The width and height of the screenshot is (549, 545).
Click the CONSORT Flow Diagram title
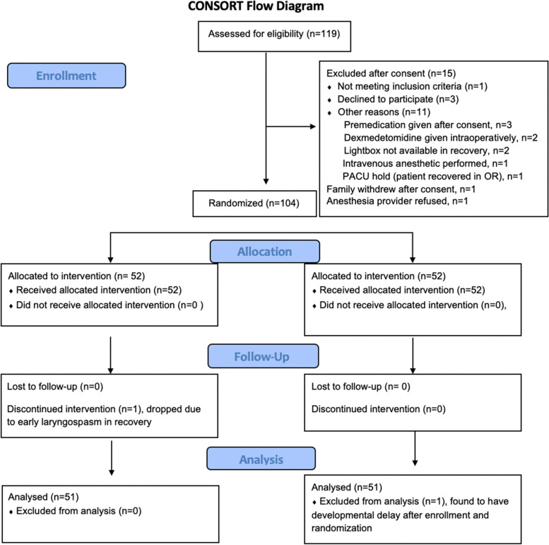tap(256, 6)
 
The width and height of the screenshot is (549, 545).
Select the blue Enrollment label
tap(66, 76)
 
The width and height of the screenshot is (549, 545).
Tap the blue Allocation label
tap(265, 252)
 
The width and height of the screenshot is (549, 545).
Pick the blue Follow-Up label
tap(264, 356)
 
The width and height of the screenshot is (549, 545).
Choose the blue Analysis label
tap(261, 459)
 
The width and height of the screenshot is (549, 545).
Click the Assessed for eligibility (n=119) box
tap(274, 37)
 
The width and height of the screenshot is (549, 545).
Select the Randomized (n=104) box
tap(254, 204)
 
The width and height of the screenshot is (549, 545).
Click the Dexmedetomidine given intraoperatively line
tap(440, 138)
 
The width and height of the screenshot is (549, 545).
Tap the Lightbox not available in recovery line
tap(427, 151)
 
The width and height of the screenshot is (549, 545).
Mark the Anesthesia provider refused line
tap(397, 201)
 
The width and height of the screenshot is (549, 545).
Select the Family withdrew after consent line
tap(401, 189)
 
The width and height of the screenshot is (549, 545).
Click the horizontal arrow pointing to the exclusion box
tap(291, 127)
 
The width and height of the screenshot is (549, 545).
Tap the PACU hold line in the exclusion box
tap(432, 177)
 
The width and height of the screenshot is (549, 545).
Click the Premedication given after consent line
tap(428, 125)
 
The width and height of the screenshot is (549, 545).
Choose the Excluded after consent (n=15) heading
tap(391, 74)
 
